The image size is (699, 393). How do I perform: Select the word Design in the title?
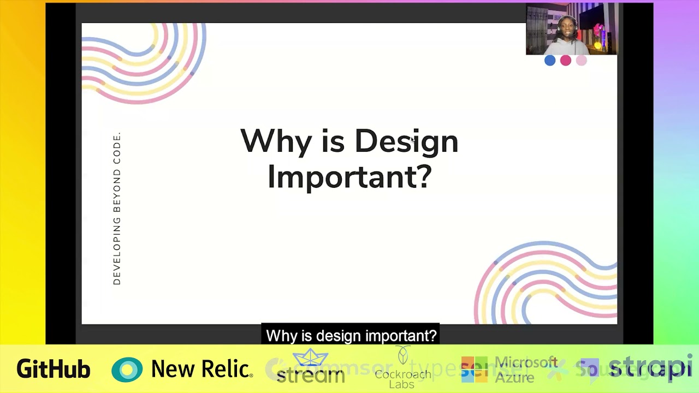pyautogui.click(x=406, y=142)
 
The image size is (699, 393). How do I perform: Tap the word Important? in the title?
pyautogui.click(x=349, y=177)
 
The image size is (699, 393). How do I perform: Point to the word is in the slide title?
pyautogui.click(x=333, y=142)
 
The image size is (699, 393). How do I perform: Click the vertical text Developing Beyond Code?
pyautogui.click(x=117, y=209)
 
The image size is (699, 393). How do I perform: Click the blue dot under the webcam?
pyautogui.click(x=550, y=61)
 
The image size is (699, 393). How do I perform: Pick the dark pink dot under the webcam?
pyautogui.click(x=566, y=61)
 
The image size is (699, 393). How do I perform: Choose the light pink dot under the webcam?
pyautogui.click(x=581, y=61)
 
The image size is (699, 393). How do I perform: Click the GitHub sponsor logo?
pyautogui.click(x=53, y=370)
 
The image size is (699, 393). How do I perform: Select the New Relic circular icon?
pyautogui.click(x=127, y=370)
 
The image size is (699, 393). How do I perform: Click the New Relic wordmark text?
pyautogui.click(x=202, y=370)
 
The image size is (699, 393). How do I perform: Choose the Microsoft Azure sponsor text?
pyautogui.click(x=525, y=370)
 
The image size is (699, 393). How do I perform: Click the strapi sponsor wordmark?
pyautogui.click(x=650, y=368)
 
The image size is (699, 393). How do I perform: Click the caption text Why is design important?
pyautogui.click(x=351, y=335)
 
